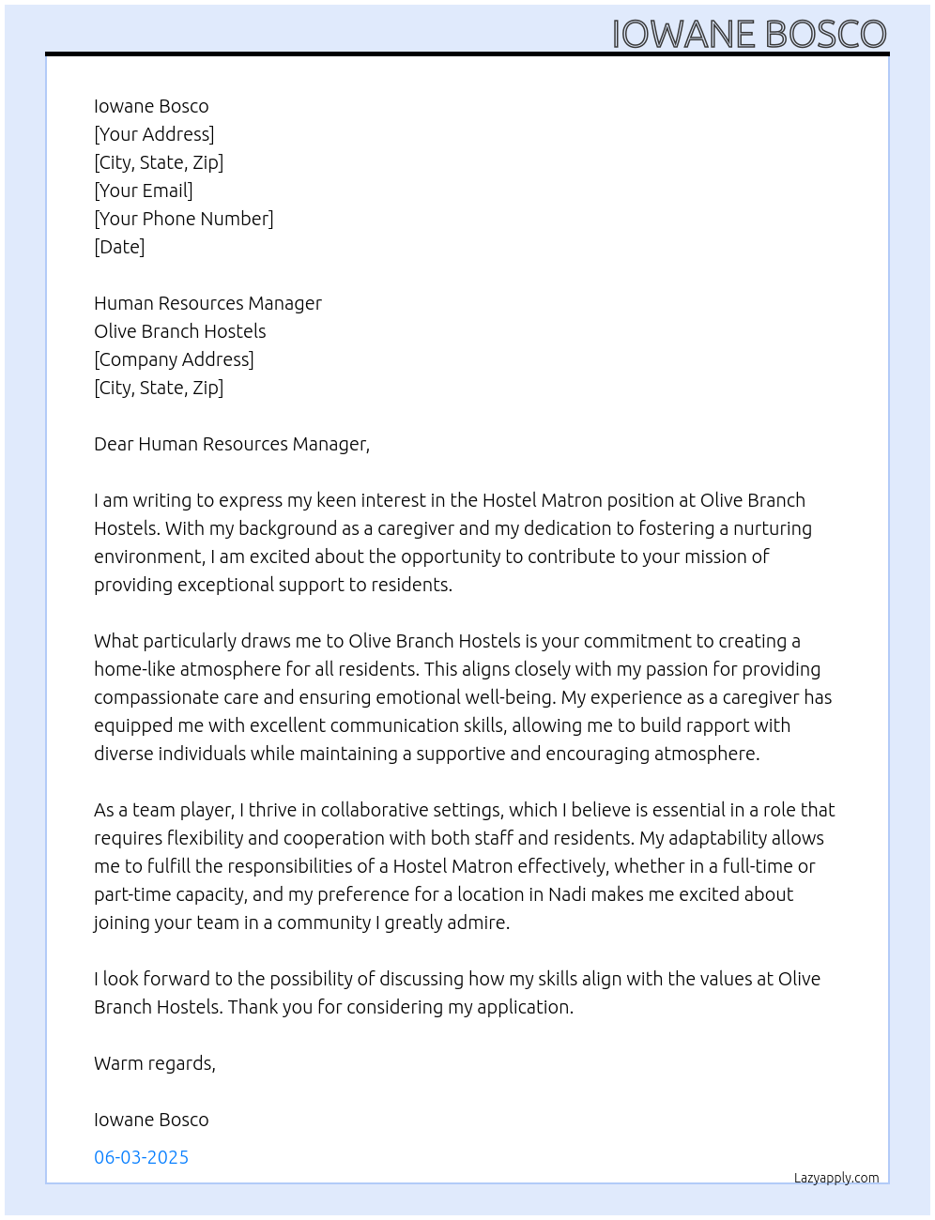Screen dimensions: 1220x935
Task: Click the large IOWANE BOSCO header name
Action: coord(749,34)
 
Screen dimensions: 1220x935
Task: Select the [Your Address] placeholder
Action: coord(154,134)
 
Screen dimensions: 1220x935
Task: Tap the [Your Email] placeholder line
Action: coord(144,191)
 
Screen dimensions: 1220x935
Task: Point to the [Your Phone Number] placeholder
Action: coord(184,219)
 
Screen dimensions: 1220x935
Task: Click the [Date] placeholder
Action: coord(119,247)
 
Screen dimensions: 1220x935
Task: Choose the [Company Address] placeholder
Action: coord(174,359)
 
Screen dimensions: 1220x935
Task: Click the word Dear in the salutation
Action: coord(114,444)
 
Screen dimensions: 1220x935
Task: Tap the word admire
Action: coord(480,923)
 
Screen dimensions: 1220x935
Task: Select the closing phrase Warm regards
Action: coord(154,1063)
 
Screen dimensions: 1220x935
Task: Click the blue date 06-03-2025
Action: coord(141,1157)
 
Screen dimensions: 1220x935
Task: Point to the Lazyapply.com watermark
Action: coord(836,1178)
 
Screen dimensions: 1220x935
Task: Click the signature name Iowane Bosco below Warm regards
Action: coord(151,1120)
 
